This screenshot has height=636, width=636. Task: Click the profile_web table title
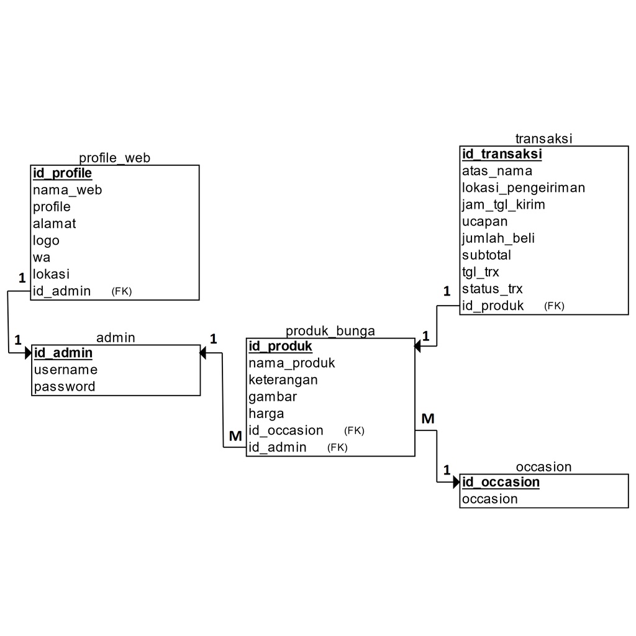(x=114, y=158)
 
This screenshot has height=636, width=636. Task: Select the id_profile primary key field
(x=62, y=173)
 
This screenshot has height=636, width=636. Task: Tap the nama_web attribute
(x=67, y=190)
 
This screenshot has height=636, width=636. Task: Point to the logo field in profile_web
(x=46, y=240)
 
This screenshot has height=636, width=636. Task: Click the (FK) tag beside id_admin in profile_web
(x=122, y=291)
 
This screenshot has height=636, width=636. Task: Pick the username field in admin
(x=65, y=370)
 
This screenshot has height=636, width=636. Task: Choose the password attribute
(x=65, y=387)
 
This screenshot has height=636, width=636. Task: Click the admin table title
(x=116, y=337)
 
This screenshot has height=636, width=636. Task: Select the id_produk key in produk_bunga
(x=280, y=346)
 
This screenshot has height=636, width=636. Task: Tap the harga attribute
(x=266, y=414)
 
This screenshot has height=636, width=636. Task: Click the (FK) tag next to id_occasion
(x=354, y=430)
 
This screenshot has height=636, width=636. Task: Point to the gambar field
(x=273, y=397)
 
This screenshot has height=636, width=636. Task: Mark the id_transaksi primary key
(x=502, y=154)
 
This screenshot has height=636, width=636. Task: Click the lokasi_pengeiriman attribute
(x=524, y=188)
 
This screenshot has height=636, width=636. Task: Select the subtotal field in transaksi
(x=486, y=255)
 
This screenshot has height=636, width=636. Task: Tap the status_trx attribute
(x=492, y=289)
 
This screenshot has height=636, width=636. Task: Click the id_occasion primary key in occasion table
(x=501, y=483)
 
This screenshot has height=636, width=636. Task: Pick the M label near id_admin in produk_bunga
(x=235, y=436)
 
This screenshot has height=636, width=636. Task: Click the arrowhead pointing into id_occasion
(x=457, y=482)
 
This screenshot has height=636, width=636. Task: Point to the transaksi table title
(x=543, y=139)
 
